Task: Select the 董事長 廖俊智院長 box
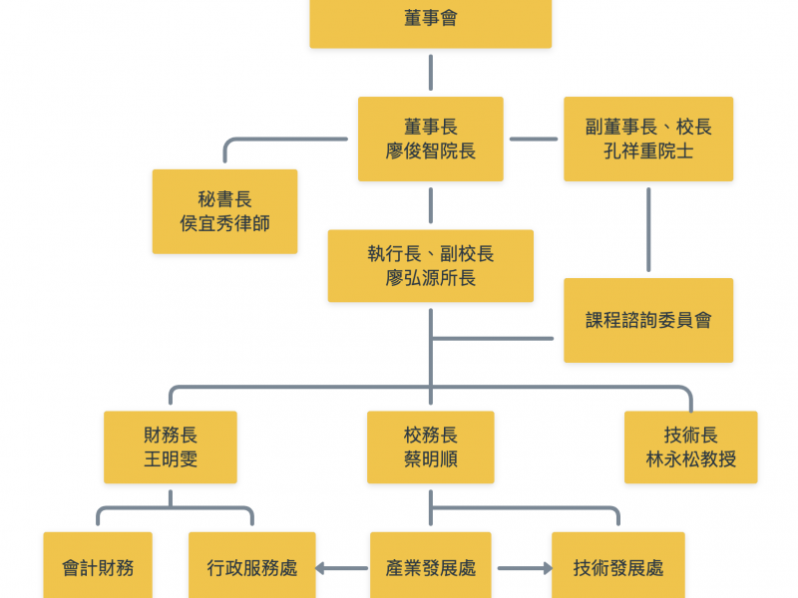(x=430, y=139)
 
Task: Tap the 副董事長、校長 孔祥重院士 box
(x=648, y=139)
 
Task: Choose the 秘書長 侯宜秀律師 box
(x=224, y=211)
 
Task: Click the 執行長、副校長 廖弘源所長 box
(x=430, y=266)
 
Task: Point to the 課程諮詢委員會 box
(x=648, y=320)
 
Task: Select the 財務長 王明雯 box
(x=171, y=448)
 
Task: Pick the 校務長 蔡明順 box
(x=430, y=448)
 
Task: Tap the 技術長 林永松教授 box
(x=690, y=448)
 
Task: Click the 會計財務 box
(x=98, y=567)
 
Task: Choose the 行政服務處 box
(x=251, y=567)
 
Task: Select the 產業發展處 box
(x=430, y=567)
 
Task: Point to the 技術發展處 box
(x=618, y=567)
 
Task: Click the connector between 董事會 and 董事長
(x=430, y=72)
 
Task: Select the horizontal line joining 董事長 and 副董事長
(x=534, y=139)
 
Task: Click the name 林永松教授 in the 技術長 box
(x=690, y=459)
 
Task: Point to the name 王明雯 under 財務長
(x=171, y=459)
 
